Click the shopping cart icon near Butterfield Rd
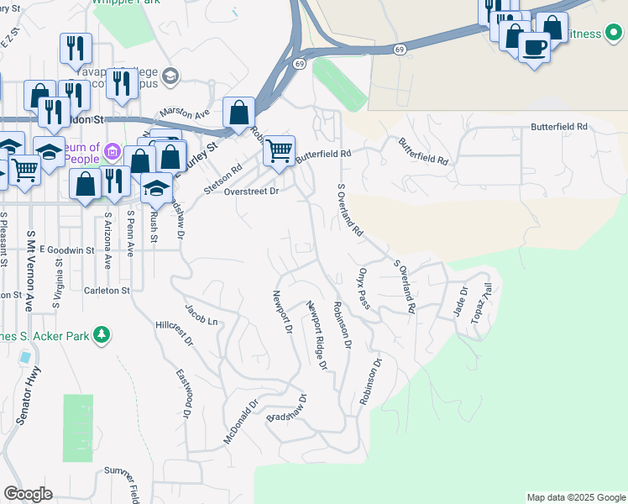[x=279, y=151]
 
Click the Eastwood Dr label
[x=186, y=394]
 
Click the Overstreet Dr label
[x=251, y=191]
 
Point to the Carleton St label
[x=107, y=291]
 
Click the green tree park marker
[x=102, y=335]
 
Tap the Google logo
[x=28, y=494]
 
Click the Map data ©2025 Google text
[x=575, y=497]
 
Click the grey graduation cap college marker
[x=171, y=77]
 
